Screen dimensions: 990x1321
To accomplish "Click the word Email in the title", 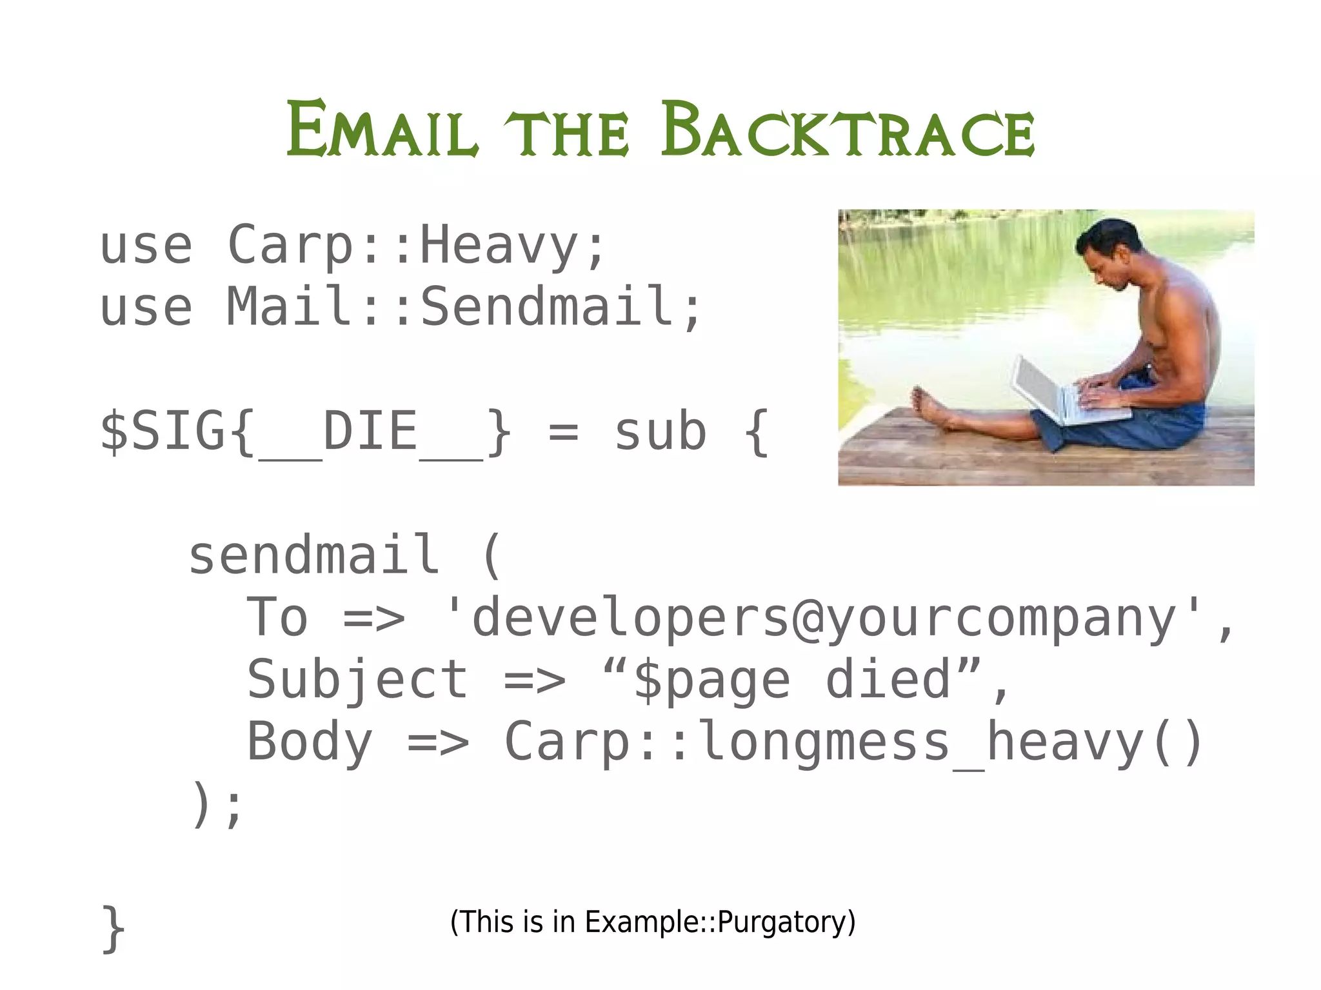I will pyautogui.click(x=382, y=131).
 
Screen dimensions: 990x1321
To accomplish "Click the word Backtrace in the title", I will pyautogui.click(x=847, y=131).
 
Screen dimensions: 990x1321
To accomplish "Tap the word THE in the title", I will pyautogui.click(x=566, y=134).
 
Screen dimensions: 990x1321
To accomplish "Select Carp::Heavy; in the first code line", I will pyautogui.click(x=417, y=245).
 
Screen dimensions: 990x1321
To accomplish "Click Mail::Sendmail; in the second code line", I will pyautogui.click(x=464, y=307).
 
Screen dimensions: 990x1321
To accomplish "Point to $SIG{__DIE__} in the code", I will pyautogui.click(x=306, y=432).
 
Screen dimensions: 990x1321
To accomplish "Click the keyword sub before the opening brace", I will pyautogui.click(x=660, y=432).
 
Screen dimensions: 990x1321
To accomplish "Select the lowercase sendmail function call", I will pyautogui.click(x=314, y=555).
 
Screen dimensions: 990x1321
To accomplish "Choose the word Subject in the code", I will pyautogui.click(x=358, y=680).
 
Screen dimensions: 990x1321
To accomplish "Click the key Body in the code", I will pyautogui.click(x=310, y=742).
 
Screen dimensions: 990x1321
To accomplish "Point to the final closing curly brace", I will pyautogui.click(x=114, y=929).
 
